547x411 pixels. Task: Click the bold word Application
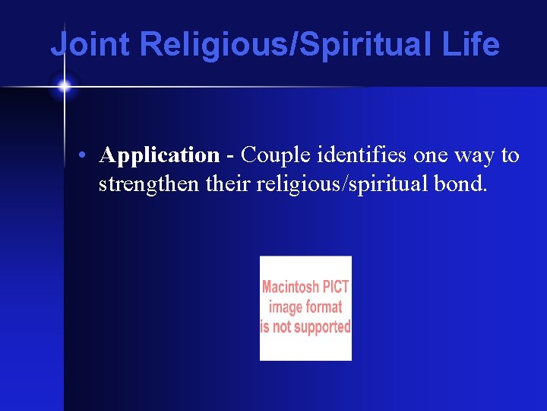tap(160, 156)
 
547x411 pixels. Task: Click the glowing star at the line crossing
tap(64, 87)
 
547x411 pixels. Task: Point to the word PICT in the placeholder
tap(336, 288)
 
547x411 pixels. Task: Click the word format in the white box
tap(325, 307)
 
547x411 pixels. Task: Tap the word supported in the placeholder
tap(321, 327)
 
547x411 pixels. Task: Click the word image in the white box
tap(286, 307)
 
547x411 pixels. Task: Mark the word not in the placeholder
tap(282, 327)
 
